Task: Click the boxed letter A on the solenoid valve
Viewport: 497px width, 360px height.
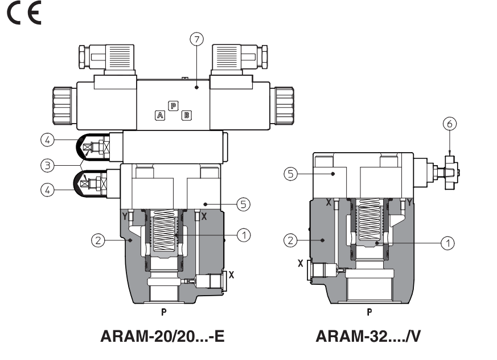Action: tap(161, 115)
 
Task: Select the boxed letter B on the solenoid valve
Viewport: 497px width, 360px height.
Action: tap(186, 116)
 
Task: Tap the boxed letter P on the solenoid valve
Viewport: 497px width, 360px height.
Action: tap(173, 105)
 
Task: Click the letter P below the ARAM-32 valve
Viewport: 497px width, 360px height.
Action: tap(369, 312)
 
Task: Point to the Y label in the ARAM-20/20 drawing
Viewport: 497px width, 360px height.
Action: tap(124, 215)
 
